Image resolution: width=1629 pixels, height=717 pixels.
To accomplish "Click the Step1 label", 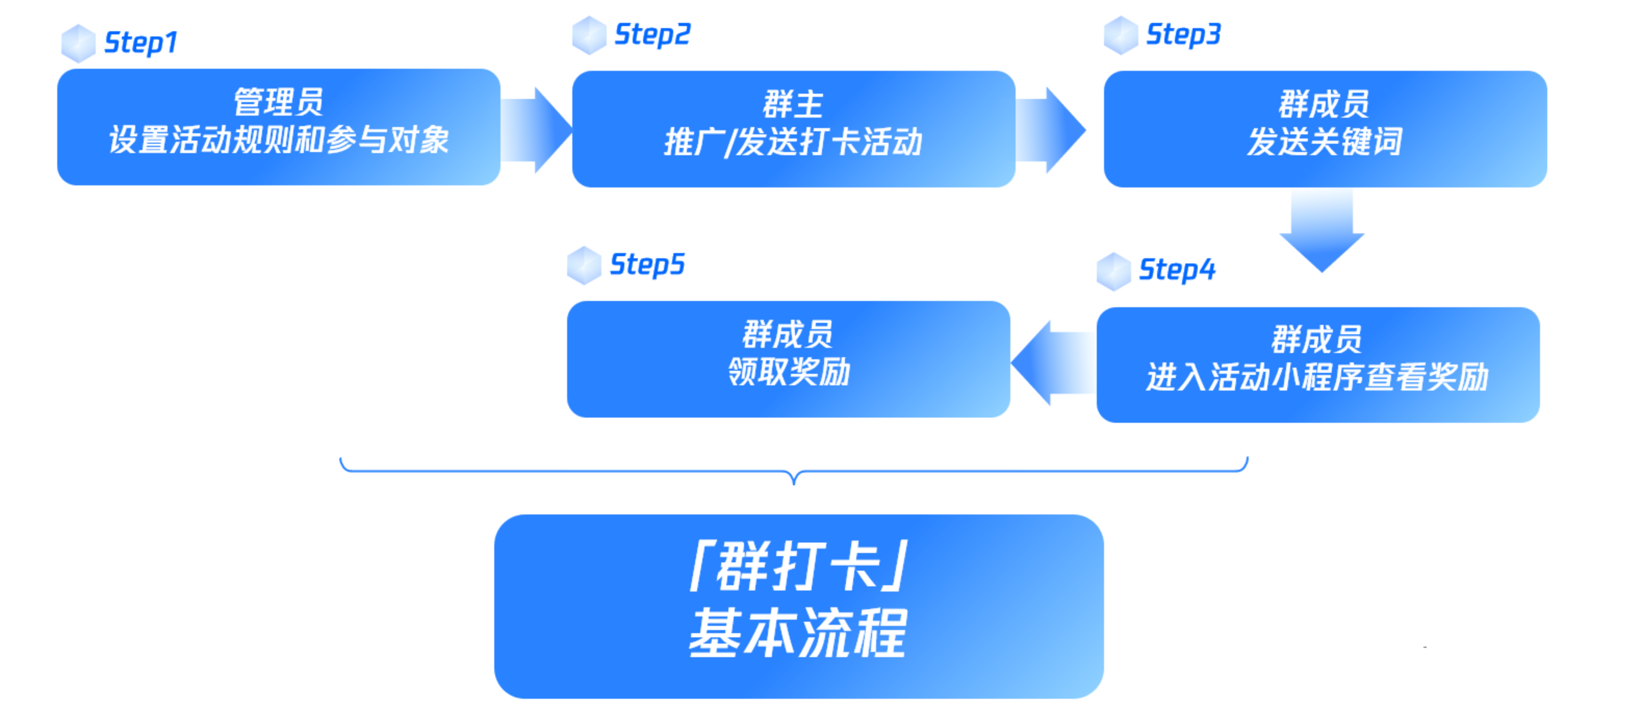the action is (x=140, y=43).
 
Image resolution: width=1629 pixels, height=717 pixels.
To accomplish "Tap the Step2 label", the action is (x=652, y=35).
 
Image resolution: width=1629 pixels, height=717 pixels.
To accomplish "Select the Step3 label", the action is (x=1183, y=35).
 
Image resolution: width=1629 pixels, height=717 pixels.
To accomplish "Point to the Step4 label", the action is (x=1177, y=270).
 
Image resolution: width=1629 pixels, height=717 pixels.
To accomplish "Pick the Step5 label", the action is (x=647, y=265).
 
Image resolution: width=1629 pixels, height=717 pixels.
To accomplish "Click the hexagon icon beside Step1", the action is (x=79, y=43).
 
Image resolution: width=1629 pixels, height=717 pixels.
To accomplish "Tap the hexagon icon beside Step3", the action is (x=1121, y=35).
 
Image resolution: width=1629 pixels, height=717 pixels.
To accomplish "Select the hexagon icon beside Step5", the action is (x=584, y=265).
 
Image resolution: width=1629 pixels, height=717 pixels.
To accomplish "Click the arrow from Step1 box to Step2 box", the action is (x=536, y=130).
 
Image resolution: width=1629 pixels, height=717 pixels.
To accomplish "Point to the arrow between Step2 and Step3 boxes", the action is (x=1050, y=130).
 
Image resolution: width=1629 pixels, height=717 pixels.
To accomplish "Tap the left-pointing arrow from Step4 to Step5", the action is (x=1054, y=362).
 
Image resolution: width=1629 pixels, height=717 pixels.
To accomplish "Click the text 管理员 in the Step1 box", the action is (x=279, y=102).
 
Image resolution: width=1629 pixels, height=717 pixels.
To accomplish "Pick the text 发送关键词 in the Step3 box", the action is (x=1325, y=141).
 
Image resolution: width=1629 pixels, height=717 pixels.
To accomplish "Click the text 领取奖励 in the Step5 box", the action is (x=789, y=371).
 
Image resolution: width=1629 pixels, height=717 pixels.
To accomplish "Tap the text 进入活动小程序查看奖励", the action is (x=1318, y=377).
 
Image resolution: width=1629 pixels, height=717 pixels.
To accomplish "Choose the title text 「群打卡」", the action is (x=799, y=566).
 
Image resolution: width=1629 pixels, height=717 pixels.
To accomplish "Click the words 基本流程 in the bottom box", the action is (x=798, y=633).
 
